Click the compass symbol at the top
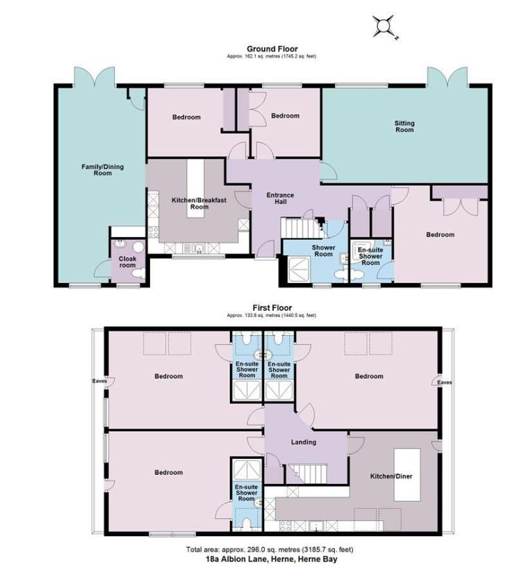pyautogui.click(x=383, y=26)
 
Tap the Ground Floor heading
pyautogui.click(x=271, y=49)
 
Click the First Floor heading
pyautogui.click(x=272, y=307)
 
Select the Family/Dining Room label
pyautogui.click(x=97, y=170)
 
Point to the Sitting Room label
pyautogui.click(x=404, y=127)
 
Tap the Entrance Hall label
pyautogui.click(x=281, y=198)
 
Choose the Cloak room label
pyautogui.click(x=128, y=262)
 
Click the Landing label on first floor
pyautogui.click(x=304, y=442)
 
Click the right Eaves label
pyautogui.click(x=445, y=382)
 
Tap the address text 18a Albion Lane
pyautogui.click(x=271, y=558)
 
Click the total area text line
pyautogui.click(x=271, y=549)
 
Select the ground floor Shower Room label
pyautogui.click(x=323, y=250)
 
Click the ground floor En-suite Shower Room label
pyautogui.click(x=370, y=255)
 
